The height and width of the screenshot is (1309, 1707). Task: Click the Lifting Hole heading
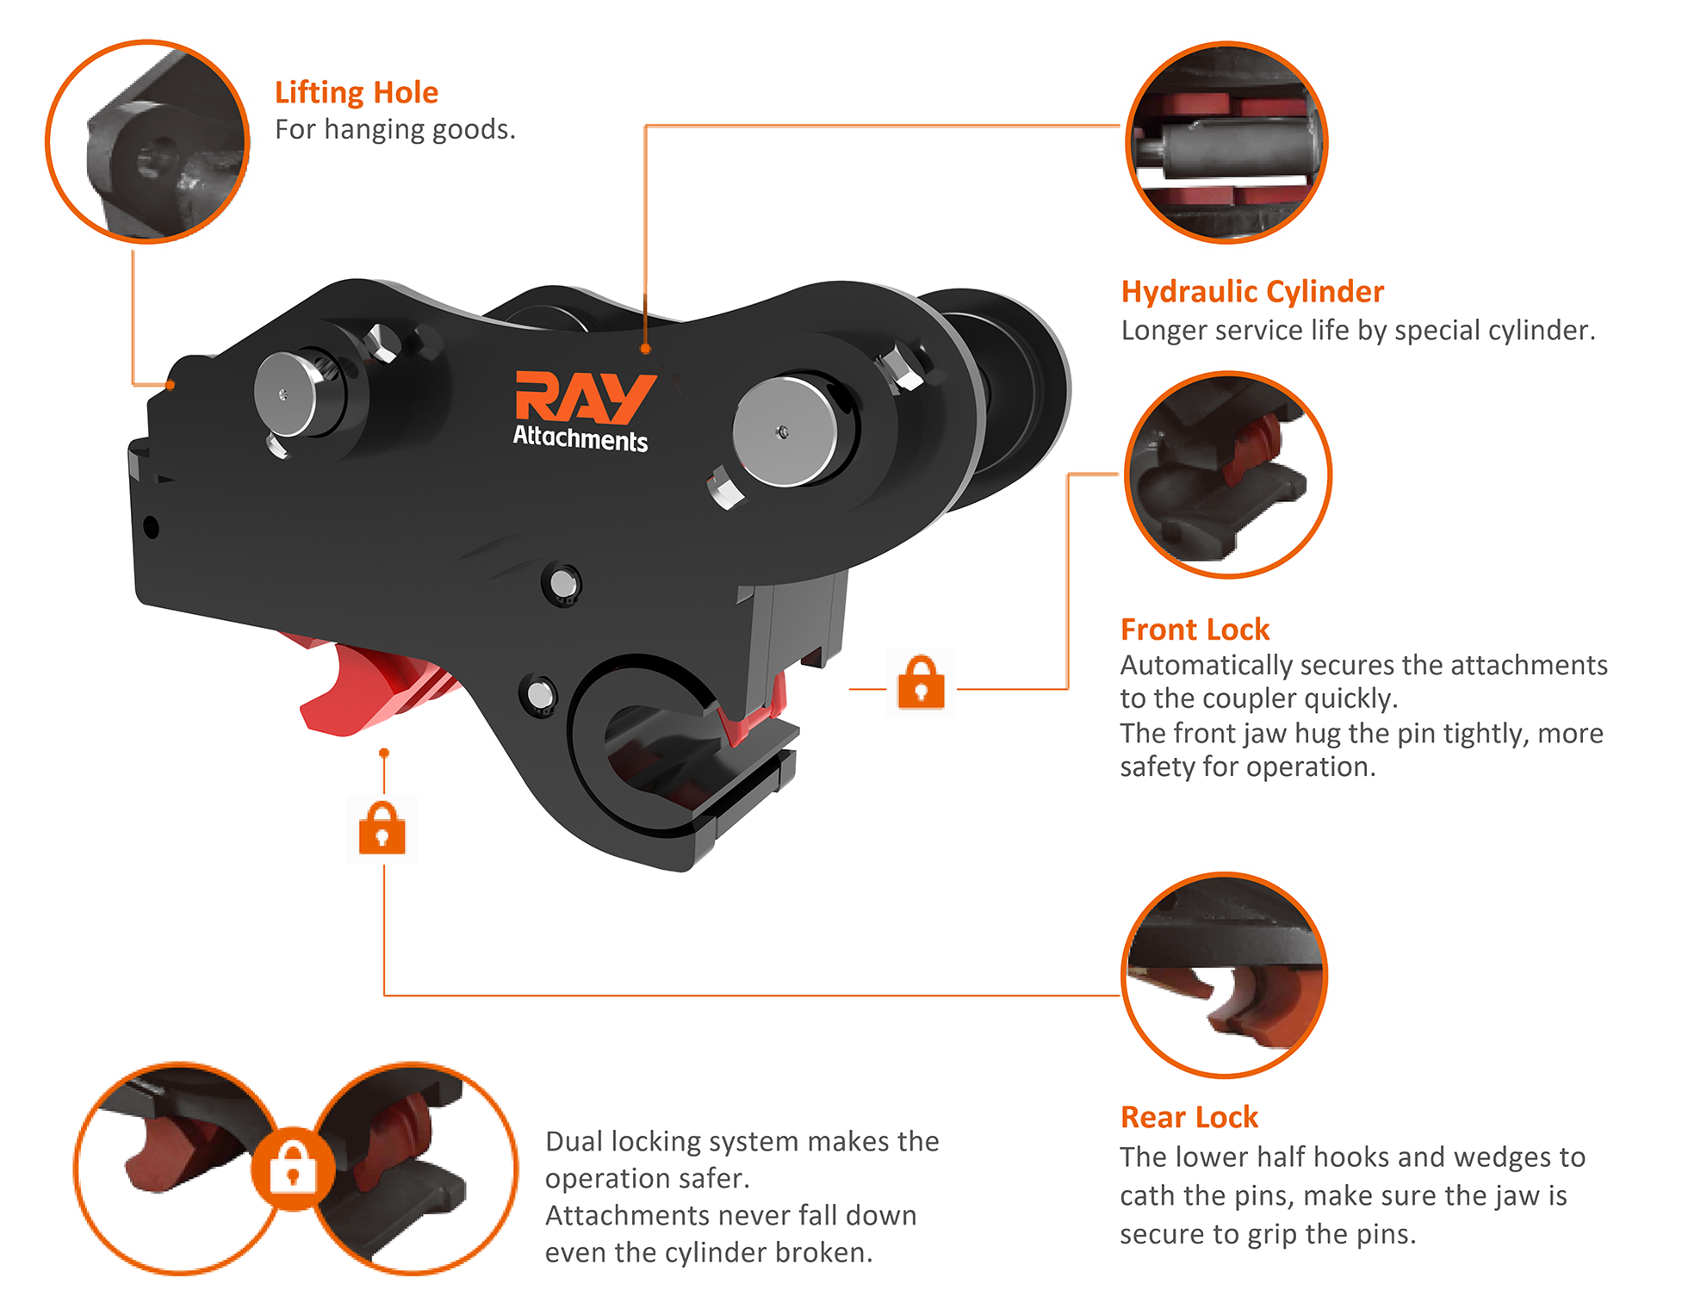pos(357,92)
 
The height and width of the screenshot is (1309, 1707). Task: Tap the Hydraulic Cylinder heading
pos(1252,292)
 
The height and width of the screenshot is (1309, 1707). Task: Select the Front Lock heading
pos(1195,630)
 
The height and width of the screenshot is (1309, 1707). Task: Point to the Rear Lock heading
pos(1189,1117)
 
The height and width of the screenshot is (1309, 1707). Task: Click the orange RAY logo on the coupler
pos(585,397)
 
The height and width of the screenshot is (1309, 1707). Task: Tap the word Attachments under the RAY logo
pos(580,438)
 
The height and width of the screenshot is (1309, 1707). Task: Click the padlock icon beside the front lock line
pos(921,682)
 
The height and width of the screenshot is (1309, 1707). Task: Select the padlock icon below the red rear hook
pos(382,828)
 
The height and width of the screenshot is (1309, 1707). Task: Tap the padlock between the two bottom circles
pos(293,1169)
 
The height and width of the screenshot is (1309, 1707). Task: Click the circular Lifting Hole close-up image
pos(147,141)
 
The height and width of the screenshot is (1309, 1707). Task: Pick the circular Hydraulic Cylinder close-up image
pos(1226,142)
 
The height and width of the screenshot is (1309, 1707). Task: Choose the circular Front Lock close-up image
pos(1228,475)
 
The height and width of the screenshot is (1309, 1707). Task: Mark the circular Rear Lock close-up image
pos(1225,975)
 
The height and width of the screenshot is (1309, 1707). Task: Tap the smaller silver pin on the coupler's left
pos(287,394)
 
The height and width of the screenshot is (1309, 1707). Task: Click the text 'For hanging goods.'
pos(395,130)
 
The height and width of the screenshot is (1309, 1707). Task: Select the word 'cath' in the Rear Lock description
pos(1149,1195)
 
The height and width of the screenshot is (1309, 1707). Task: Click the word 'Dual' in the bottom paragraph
pos(576,1141)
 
